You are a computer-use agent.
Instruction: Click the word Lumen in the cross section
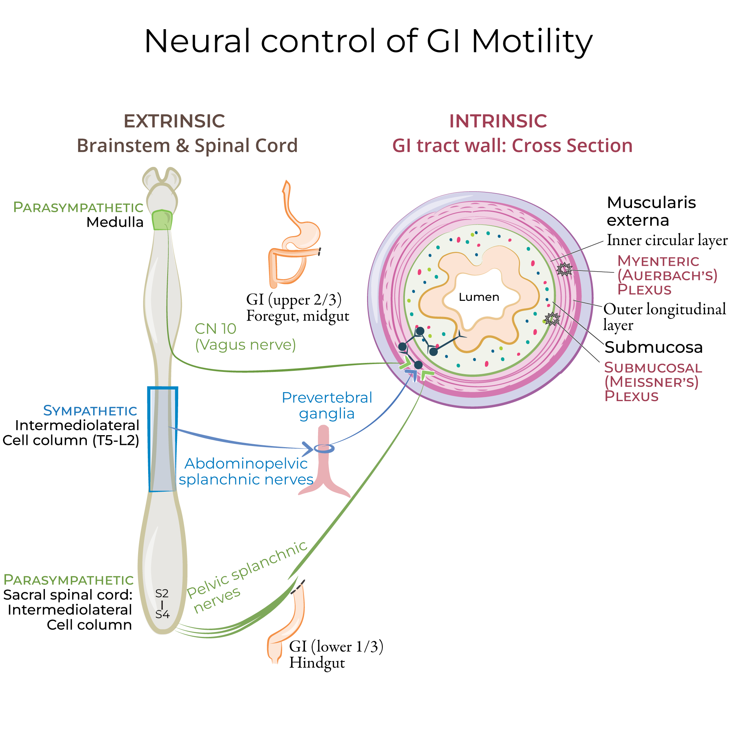coord(479,297)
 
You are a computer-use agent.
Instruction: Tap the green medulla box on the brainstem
coord(162,220)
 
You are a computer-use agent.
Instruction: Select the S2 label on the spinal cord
coord(162,593)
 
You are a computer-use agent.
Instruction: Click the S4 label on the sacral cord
coord(162,614)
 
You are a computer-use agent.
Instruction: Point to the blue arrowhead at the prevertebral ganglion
coord(307,449)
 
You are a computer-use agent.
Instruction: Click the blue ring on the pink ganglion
coord(324,448)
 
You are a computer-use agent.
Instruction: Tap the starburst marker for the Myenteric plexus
coord(564,269)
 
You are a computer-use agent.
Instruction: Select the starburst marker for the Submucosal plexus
coord(552,318)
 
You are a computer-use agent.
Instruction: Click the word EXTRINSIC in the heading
coord(174,121)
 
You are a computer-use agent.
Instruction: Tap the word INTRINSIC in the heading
coord(498,121)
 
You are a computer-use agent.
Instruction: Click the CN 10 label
coord(215,329)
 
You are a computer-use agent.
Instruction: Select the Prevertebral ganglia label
coord(327,405)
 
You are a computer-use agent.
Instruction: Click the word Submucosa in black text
coord(653,347)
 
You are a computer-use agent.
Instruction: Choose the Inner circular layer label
coord(667,240)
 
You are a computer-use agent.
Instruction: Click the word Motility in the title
coord(532,41)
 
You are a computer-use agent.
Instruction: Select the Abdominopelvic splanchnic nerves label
coord(246,471)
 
